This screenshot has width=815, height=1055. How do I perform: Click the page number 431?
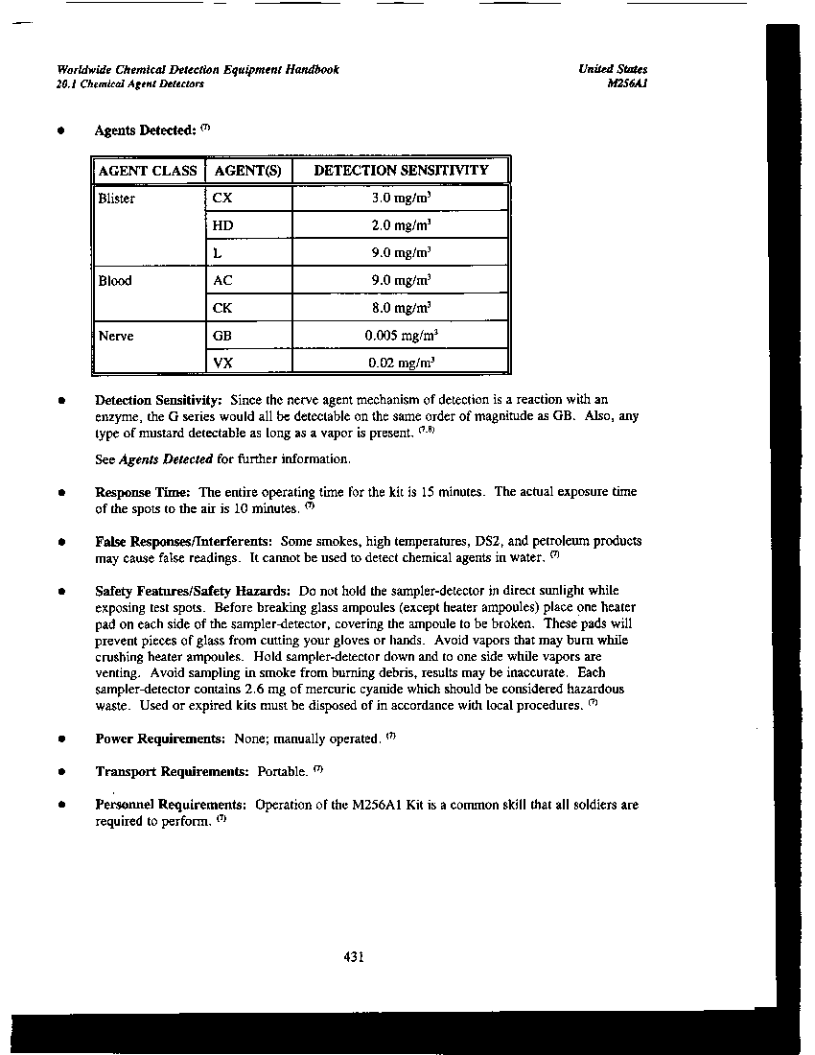point(353,956)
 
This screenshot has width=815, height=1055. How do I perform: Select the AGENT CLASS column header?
point(148,171)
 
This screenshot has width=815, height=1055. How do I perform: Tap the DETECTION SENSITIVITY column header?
point(401,171)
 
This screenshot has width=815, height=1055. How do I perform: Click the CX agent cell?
point(221,199)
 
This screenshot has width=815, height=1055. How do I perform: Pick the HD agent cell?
point(222,225)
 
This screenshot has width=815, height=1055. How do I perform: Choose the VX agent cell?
point(222,363)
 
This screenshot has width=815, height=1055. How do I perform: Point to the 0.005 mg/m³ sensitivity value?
point(401,336)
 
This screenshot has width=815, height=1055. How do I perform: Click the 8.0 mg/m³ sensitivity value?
point(401,308)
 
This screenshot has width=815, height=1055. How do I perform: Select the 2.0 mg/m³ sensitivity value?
point(401,225)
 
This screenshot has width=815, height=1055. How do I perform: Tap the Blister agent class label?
point(117,199)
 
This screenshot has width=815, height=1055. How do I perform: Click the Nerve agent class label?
point(116,336)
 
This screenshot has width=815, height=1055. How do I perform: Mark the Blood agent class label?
point(115,281)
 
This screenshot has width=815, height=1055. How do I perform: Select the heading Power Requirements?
point(160,739)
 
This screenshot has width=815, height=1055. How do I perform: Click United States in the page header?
point(613,70)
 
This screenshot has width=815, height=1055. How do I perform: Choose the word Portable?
point(281,772)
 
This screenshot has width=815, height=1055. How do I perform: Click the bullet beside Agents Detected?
point(61,130)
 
